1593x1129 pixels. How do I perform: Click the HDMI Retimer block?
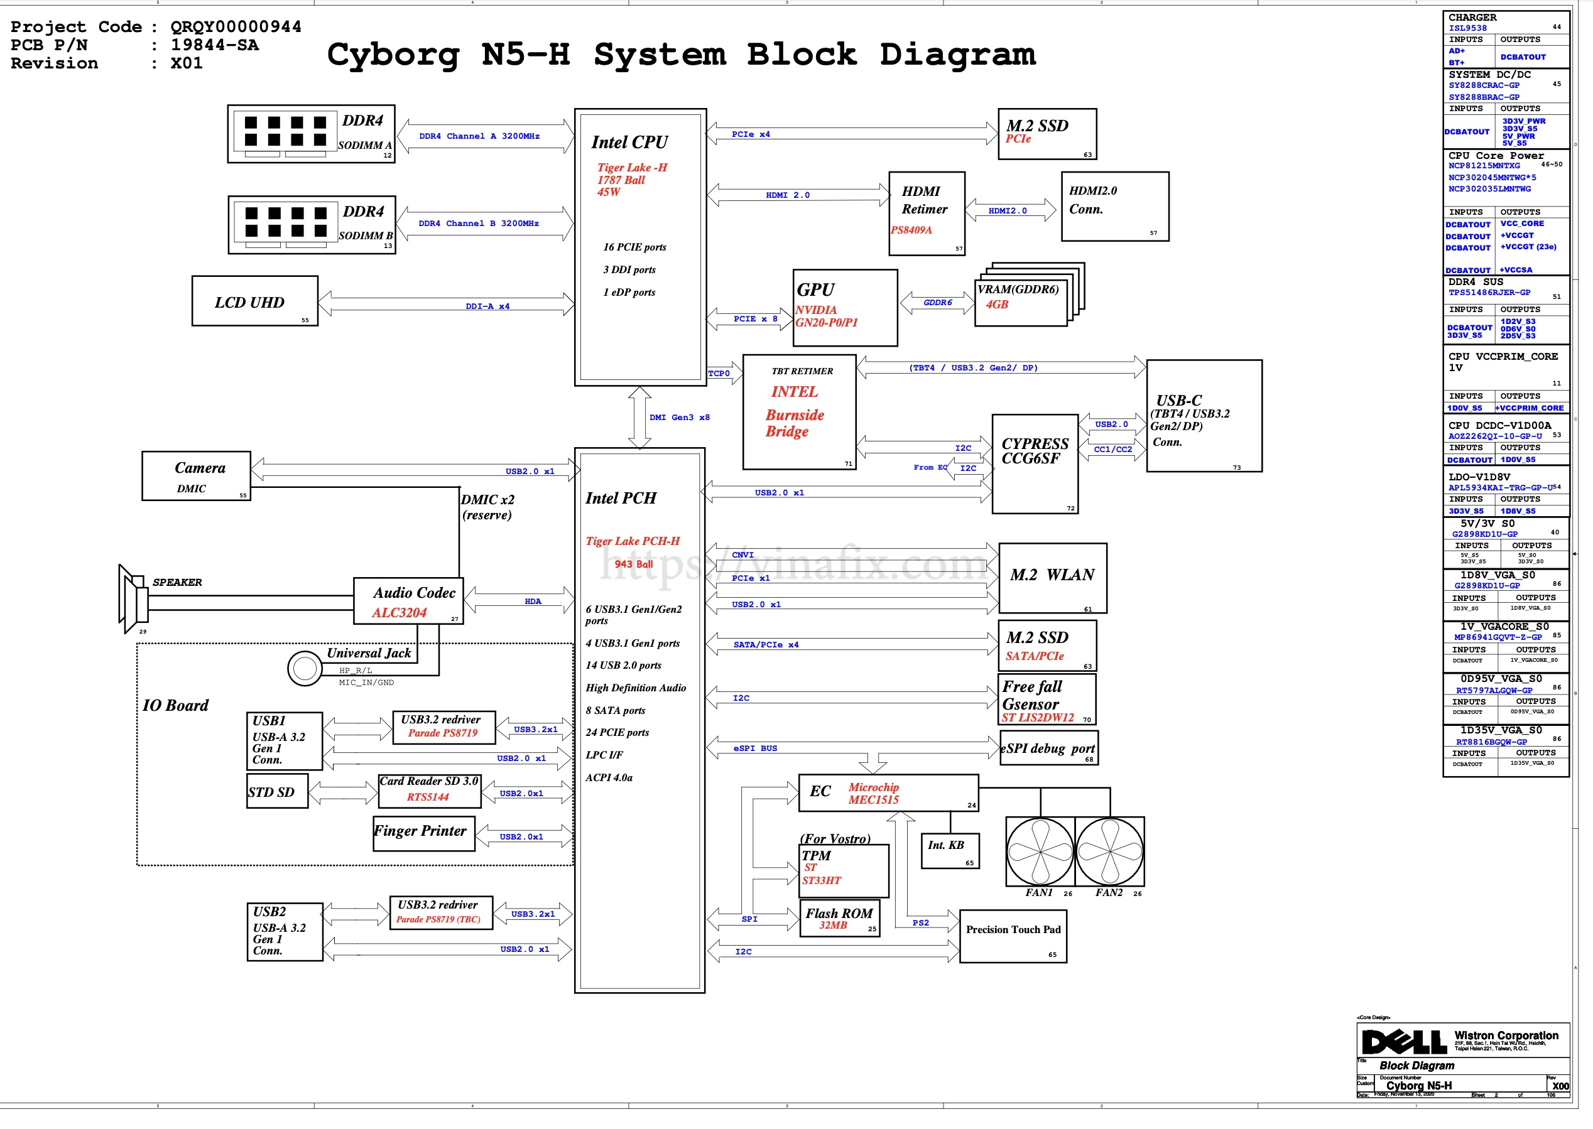(926, 213)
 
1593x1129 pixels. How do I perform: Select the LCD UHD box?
(254, 301)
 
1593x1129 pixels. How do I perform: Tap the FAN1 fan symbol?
(1040, 851)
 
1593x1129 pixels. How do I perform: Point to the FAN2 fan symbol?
(1109, 851)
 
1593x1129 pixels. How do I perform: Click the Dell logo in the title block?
(1404, 1041)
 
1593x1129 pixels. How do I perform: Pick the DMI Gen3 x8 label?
(679, 417)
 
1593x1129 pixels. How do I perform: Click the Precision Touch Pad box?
(1013, 936)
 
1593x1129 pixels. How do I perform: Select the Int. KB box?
(950, 851)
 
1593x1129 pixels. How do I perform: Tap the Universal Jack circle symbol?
(305, 668)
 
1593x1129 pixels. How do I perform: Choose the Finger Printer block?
(423, 833)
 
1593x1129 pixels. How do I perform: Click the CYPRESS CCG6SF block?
(1035, 463)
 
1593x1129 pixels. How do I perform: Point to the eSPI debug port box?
(1048, 748)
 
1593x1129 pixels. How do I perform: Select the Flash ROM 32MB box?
(839, 919)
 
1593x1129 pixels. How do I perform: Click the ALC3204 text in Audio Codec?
(399, 612)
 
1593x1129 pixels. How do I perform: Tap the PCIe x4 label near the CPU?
(750, 134)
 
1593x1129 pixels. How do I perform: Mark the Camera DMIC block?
(196, 476)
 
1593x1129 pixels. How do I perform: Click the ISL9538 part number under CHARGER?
(1467, 28)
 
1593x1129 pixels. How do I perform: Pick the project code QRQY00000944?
(236, 26)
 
